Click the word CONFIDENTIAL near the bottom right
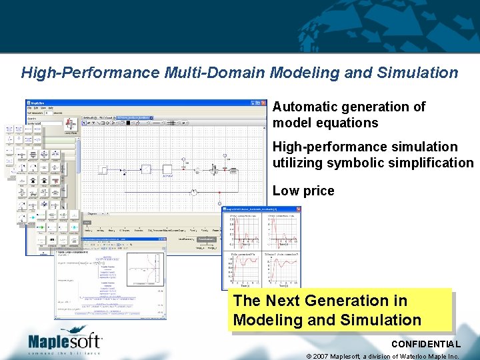pyautogui.click(x=425, y=344)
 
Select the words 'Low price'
pyautogui.click(x=303, y=191)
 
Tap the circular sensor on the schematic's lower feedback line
pyautogui.click(x=193, y=192)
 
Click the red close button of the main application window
pyautogui.click(x=260, y=103)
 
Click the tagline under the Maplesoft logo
pyautogui.click(x=65, y=353)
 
